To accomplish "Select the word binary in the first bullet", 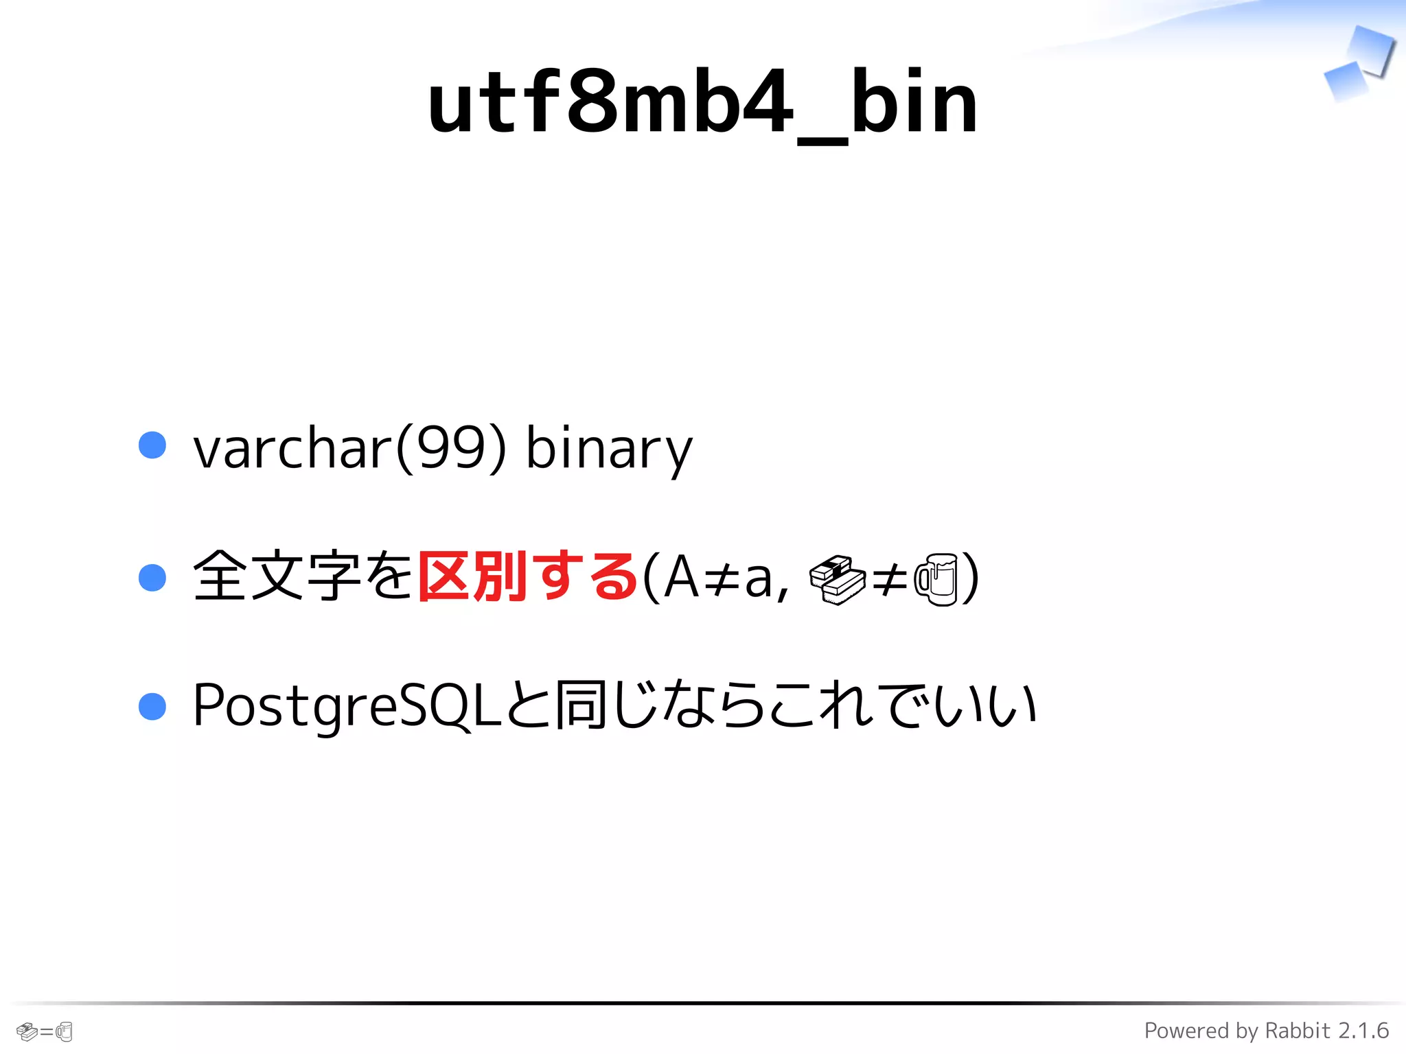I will [x=609, y=449].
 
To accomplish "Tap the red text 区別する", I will [x=527, y=577].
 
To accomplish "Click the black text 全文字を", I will [x=303, y=577].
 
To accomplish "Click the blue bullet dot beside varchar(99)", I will [x=152, y=445].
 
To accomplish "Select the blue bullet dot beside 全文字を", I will [x=152, y=577].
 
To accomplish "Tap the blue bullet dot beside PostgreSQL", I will [x=152, y=706].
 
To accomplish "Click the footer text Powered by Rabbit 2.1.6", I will [x=1266, y=1031].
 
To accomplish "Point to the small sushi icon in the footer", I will [x=26, y=1031].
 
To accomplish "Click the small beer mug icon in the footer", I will [x=65, y=1031].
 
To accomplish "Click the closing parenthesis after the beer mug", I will [x=970, y=578].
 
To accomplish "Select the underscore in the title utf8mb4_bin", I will [x=822, y=141].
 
